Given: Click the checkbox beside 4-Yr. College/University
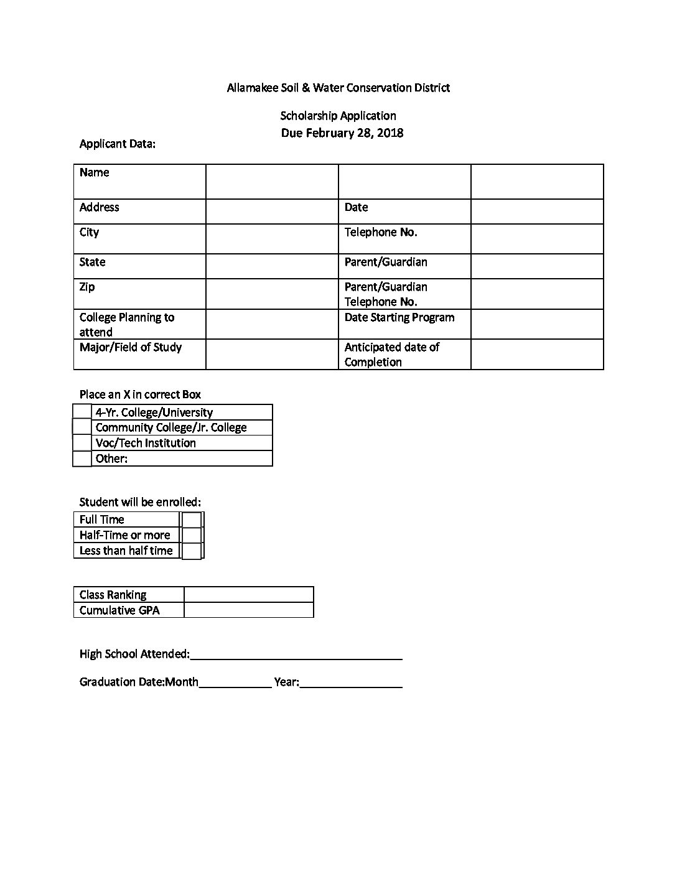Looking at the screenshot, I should pos(82,411).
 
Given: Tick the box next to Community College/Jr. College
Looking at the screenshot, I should pos(82,427).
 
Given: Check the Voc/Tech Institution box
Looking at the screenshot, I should pos(82,442).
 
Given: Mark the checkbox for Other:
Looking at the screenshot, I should pos(82,459).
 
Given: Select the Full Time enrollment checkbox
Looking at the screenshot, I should pos(192,520).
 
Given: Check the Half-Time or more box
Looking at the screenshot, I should pos(192,535).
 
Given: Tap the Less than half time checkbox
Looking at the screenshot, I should pos(192,551).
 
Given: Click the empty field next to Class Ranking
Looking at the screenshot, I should pos(249,594).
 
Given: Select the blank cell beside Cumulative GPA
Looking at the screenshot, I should pos(249,610).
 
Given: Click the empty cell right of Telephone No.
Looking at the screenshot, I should pos(537,238).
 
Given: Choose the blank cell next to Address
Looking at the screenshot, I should pos(272,212).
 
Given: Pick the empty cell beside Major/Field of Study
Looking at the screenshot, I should pos(272,354).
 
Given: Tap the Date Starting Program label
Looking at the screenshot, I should pos(399,317).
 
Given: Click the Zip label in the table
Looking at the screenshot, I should pos(87,287).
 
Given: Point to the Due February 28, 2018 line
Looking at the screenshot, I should pos(342,133).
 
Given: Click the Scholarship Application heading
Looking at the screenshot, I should pos(338,116).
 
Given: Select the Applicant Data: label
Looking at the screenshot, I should pos(118,144).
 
